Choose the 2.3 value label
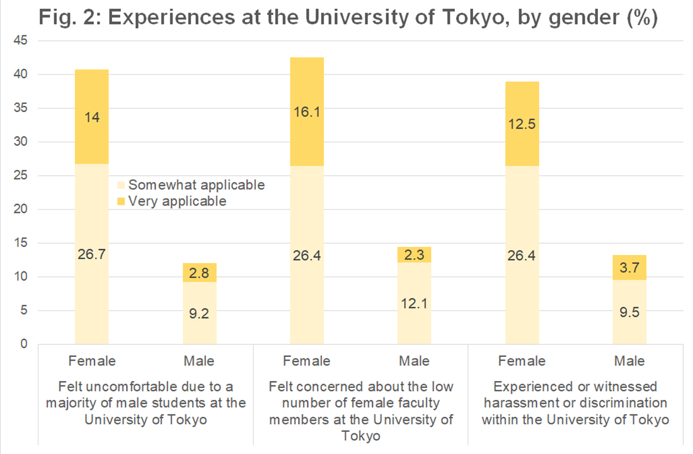click(415, 254)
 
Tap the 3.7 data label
click(629, 267)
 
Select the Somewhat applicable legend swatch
click(122, 185)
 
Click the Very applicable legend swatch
click(122, 201)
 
